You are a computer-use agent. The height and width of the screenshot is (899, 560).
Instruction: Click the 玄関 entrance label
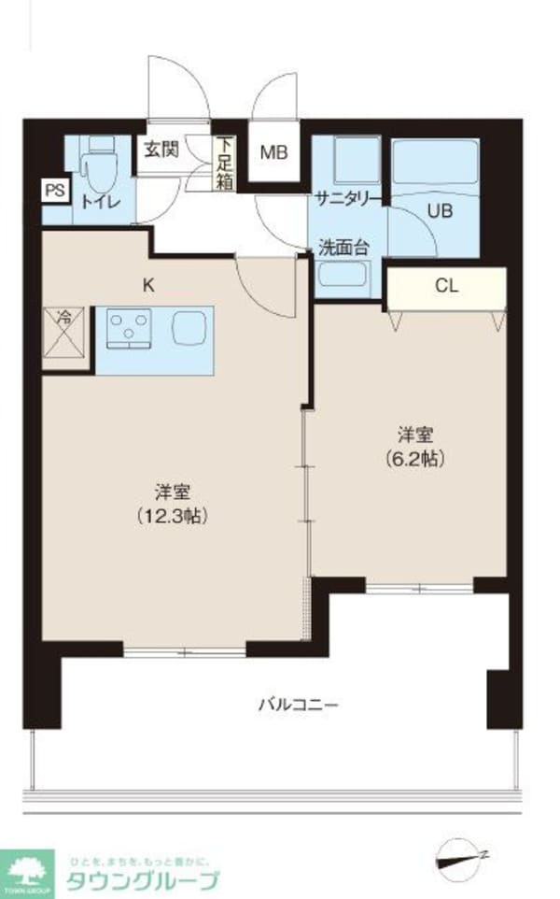click(160, 150)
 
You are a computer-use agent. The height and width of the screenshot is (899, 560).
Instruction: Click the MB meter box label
click(273, 151)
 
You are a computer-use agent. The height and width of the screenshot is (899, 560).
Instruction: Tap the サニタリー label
click(347, 198)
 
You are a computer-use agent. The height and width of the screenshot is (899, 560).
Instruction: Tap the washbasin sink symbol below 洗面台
click(344, 278)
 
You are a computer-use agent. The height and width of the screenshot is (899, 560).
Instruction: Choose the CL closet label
click(446, 287)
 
